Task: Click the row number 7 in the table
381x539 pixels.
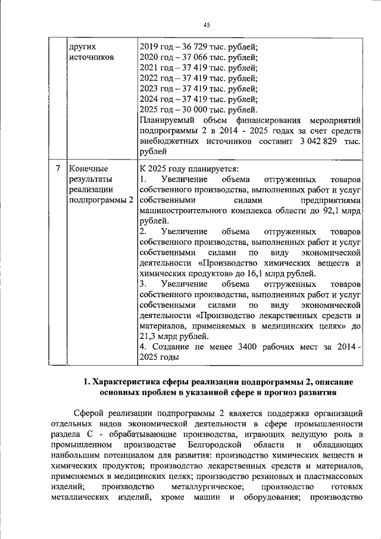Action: (57, 169)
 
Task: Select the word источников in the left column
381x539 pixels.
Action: (91, 57)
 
